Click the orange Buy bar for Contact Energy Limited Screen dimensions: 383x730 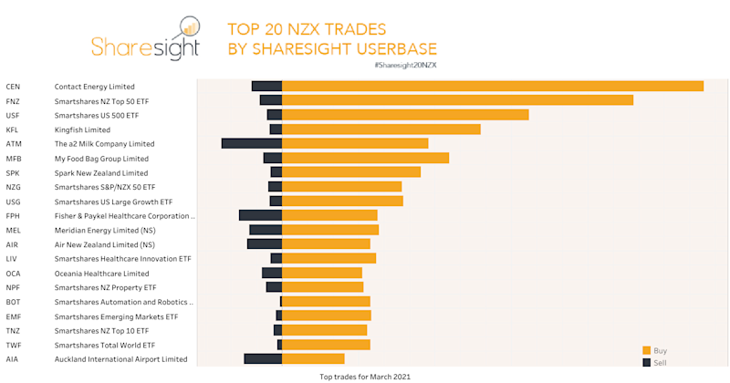tap(493, 86)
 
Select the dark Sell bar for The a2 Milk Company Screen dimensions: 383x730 tap(252, 143)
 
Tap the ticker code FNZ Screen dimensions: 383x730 tap(13, 101)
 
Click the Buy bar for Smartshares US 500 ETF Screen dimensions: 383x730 tap(405, 115)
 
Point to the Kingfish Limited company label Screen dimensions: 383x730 tap(82, 129)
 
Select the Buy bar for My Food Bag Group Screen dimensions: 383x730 tap(365, 158)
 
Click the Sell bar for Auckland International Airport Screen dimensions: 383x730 tap(263, 358)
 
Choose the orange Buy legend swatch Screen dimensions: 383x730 tap(647, 350)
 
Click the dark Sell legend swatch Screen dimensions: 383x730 tap(647, 363)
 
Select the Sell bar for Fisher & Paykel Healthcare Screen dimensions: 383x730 tap(260, 215)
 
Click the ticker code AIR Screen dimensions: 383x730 tap(12, 244)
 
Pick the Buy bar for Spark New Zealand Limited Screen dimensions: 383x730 tap(351, 172)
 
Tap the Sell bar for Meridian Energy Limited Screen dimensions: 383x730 tap(266, 230)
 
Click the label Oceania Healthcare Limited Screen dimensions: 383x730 tap(101, 274)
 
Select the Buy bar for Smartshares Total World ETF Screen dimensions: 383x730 tap(326, 345)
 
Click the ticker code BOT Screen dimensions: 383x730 tap(13, 302)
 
